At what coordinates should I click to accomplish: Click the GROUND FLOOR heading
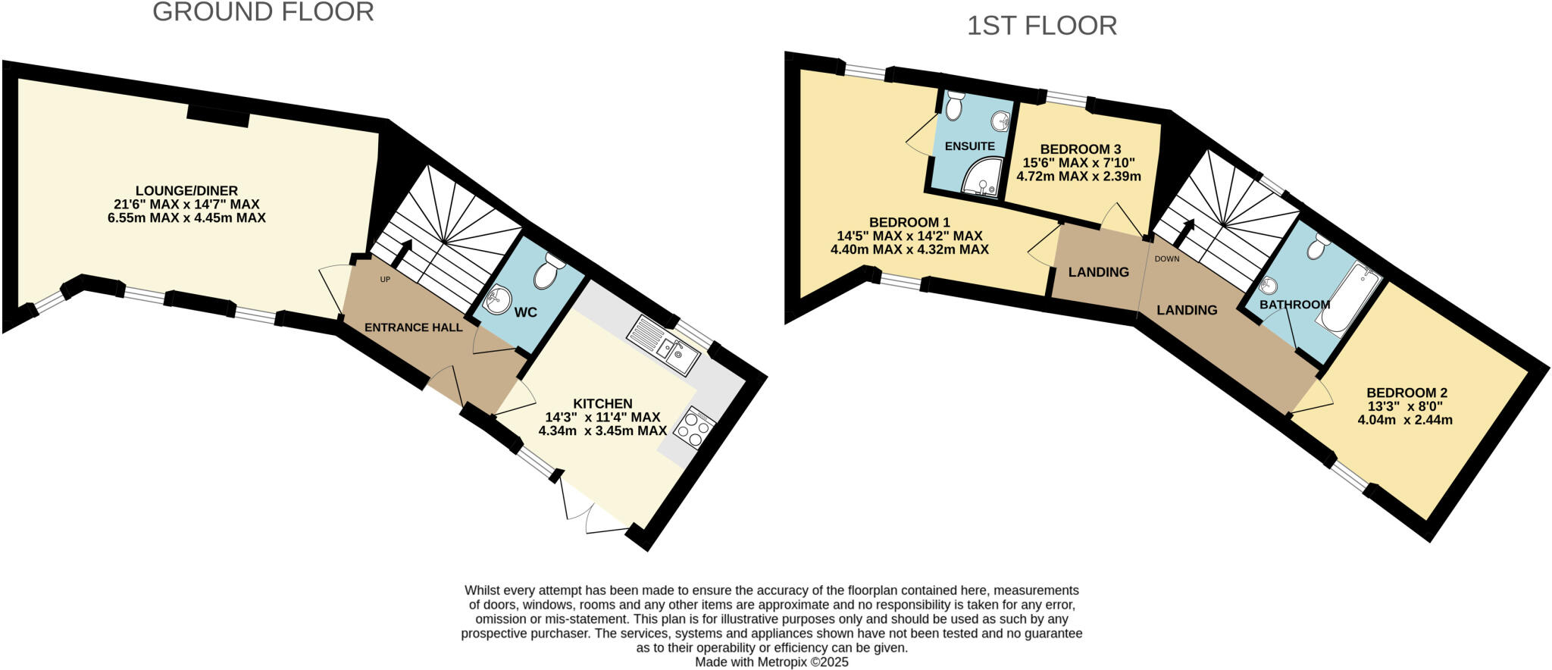tap(263, 12)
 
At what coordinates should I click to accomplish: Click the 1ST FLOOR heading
tap(1041, 26)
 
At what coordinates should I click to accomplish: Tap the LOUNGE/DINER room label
tap(186, 191)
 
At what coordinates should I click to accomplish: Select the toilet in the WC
tap(549, 271)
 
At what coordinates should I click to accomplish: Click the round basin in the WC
tap(497, 300)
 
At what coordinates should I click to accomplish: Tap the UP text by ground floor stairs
tap(385, 280)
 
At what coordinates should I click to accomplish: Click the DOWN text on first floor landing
tap(1167, 258)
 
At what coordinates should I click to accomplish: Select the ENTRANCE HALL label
tap(413, 327)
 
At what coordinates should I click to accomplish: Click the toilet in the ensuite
tap(954, 105)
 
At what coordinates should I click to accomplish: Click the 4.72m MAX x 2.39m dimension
tap(1078, 177)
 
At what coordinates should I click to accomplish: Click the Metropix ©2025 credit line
tap(772, 662)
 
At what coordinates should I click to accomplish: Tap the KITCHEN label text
tap(602, 404)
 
